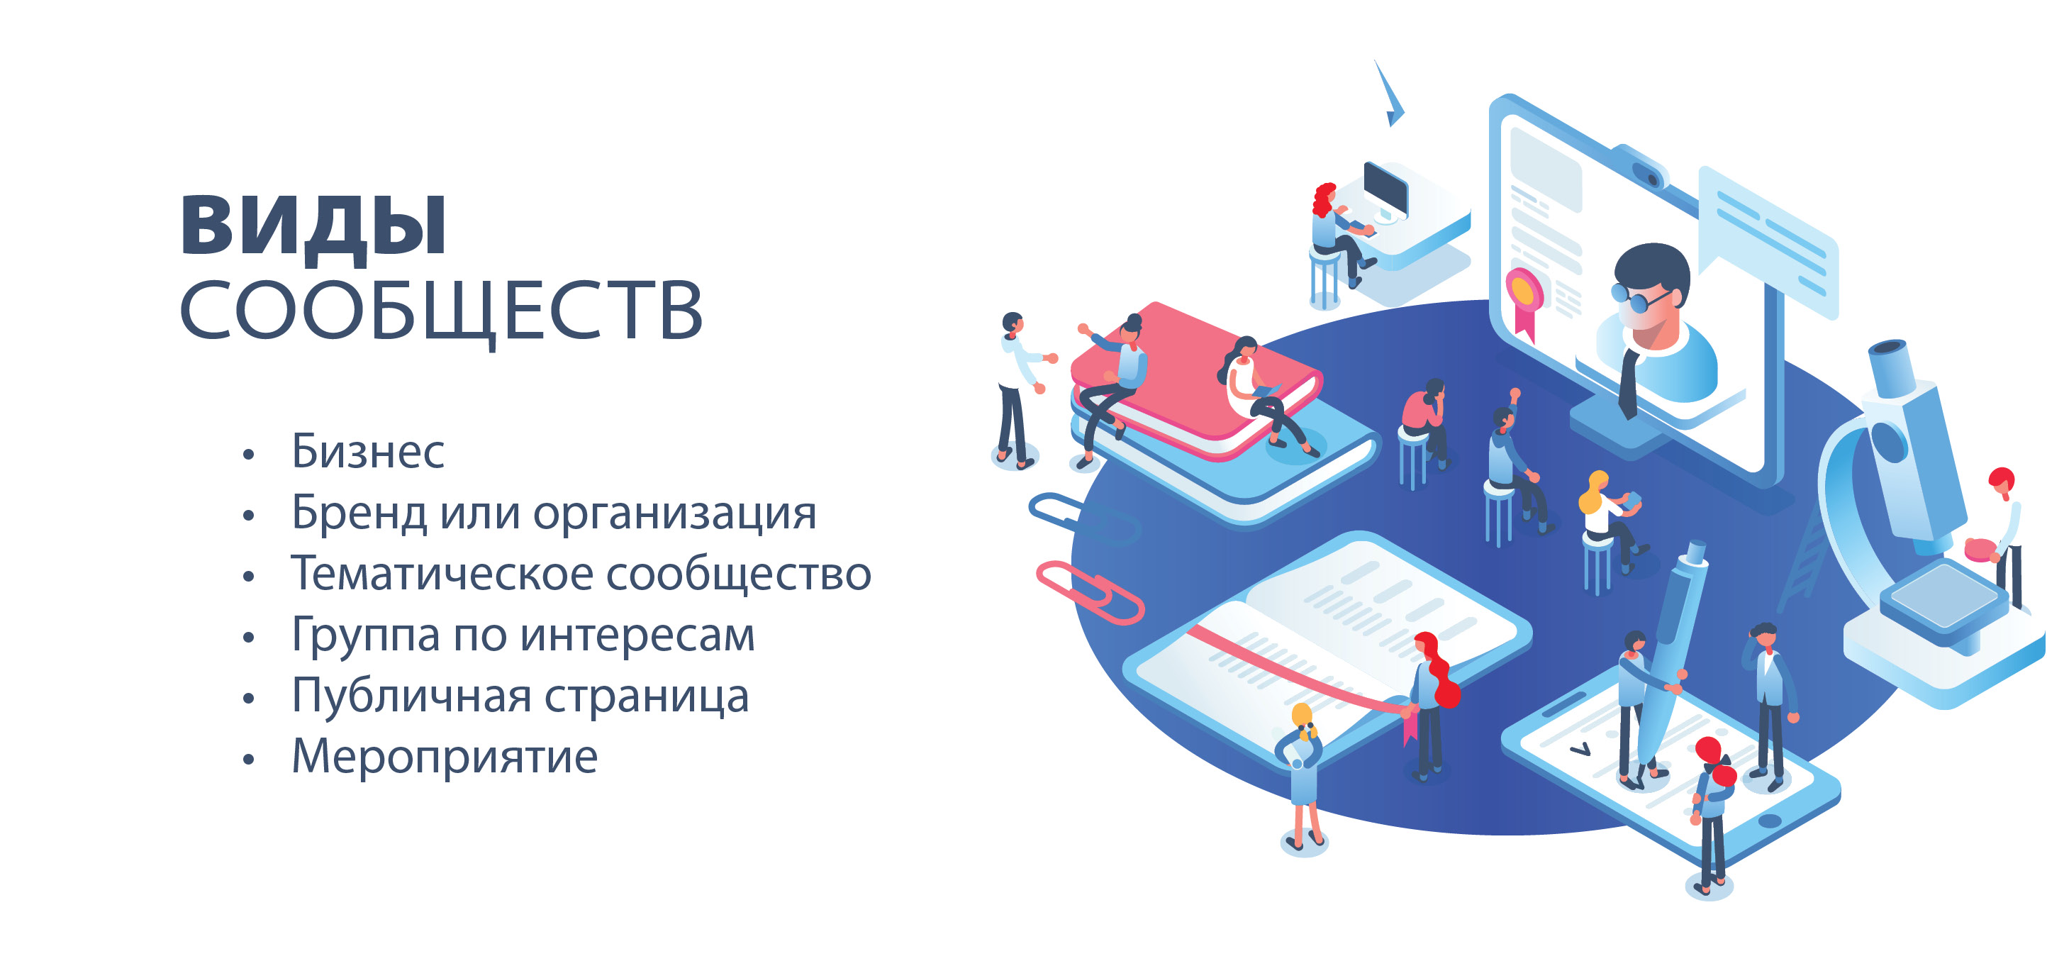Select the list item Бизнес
pos(368,452)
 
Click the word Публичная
pos(412,696)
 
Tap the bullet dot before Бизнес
pos(249,455)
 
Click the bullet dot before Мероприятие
pos(249,760)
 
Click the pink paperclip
pos(1091,592)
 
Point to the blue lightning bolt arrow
pos(1389,94)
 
